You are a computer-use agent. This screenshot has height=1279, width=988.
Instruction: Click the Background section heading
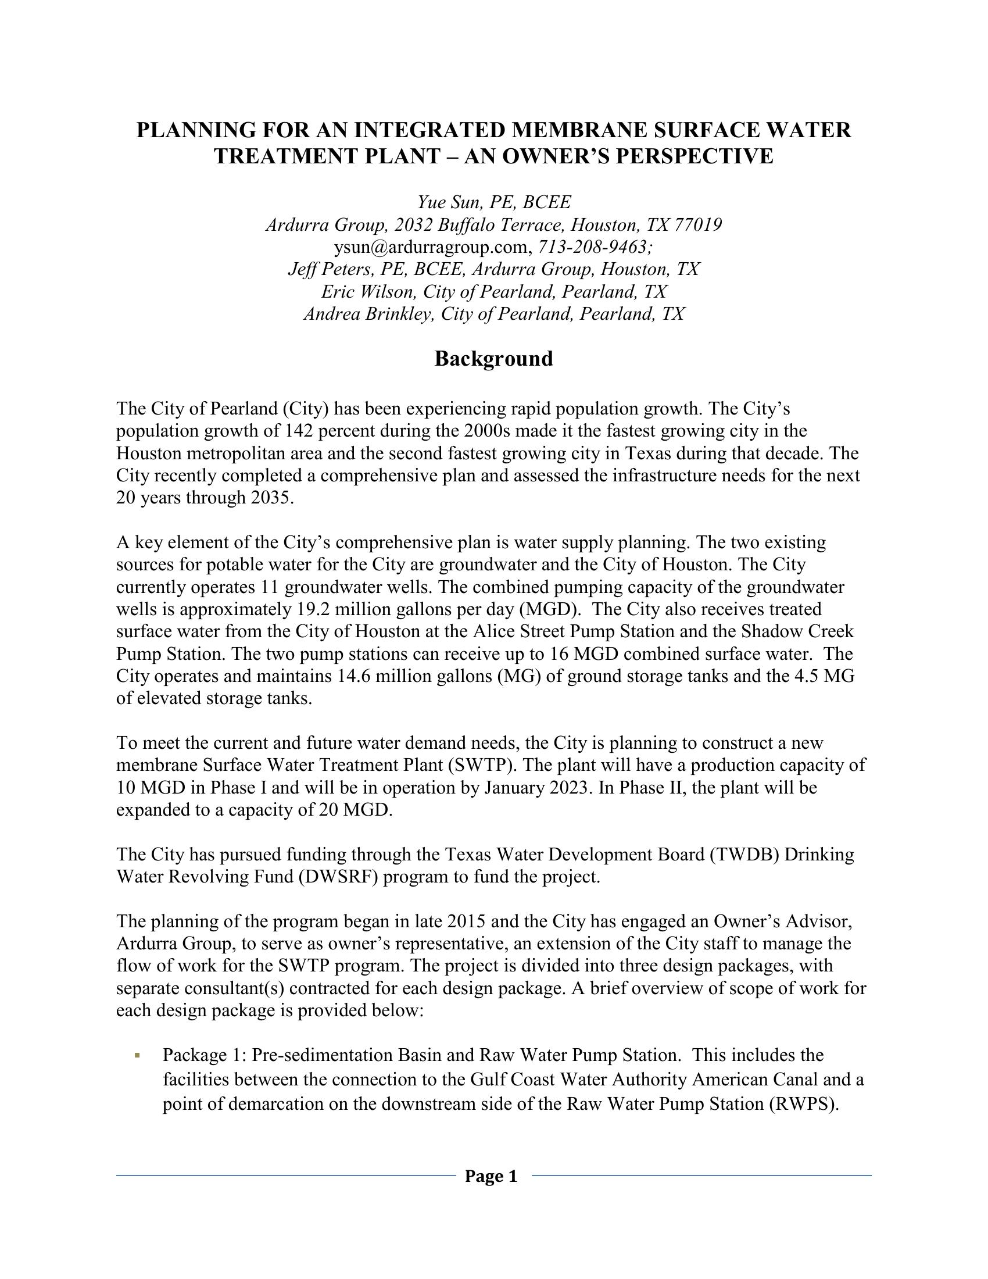pyautogui.click(x=493, y=358)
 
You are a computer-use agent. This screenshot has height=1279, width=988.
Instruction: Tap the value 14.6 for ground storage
pyautogui.click(x=351, y=676)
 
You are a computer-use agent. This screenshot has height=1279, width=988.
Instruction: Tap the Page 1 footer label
pyautogui.click(x=491, y=1176)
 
